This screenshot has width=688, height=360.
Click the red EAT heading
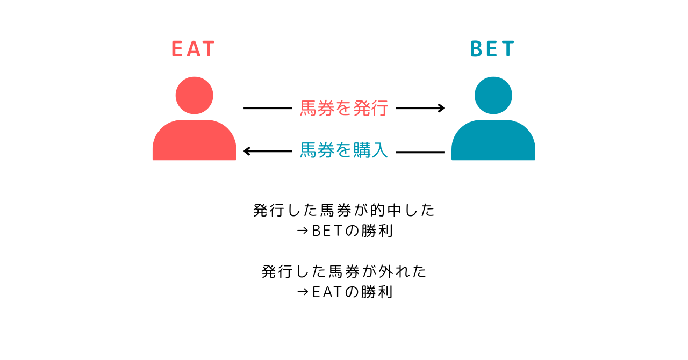pos(193,49)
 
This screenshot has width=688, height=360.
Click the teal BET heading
pos(492,49)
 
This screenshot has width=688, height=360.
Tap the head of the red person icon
pos(194,95)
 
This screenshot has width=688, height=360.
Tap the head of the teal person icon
pos(493,95)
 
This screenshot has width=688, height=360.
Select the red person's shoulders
pos(194,140)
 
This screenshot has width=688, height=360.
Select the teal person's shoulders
pos(493,140)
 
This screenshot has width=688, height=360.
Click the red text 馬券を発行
pos(344,108)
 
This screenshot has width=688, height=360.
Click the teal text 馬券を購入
pos(344,150)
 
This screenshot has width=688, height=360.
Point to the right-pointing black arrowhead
pos(441,108)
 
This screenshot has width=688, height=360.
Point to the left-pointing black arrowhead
pos(247,151)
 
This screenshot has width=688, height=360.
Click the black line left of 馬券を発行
pos(268,108)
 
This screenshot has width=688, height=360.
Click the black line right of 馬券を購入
pos(420,152)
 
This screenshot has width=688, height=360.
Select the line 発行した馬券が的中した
pos(344,211)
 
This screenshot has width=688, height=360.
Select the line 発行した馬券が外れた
pos(344,271)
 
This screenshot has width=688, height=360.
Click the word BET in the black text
pos(327,231)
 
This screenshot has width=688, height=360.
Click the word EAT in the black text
pos(327,292)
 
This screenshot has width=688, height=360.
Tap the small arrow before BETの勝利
pos(303,231)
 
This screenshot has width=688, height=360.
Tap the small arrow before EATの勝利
pos(303,292)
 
